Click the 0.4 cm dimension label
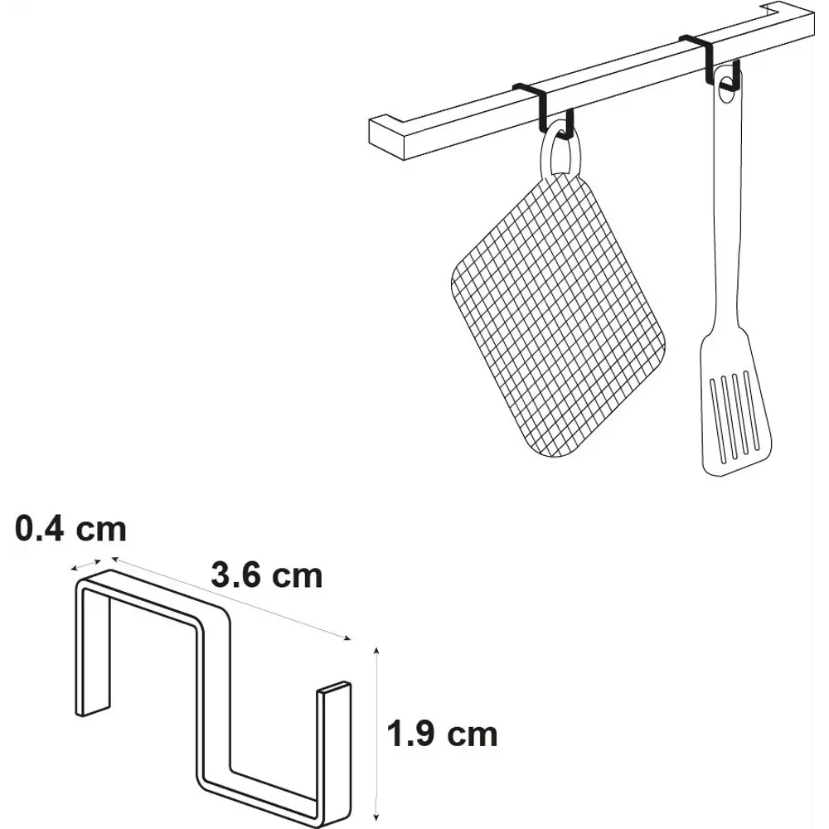70,529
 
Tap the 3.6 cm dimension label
266,575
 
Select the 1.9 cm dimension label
443,734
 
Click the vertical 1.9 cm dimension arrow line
376,734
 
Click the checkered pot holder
558,313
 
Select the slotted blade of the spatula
735,402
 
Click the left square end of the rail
386,138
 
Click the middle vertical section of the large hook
214,698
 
